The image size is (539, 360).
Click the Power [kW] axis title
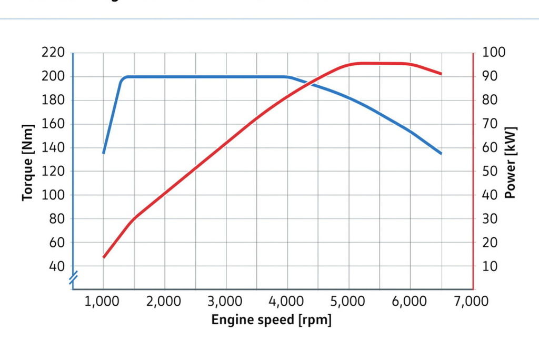pos(510,163)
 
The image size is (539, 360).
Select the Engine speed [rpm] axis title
pos(271,319)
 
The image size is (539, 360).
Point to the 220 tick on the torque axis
pos(53,53)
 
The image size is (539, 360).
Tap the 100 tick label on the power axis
pos(493,53)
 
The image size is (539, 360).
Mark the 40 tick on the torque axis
pos(56,266)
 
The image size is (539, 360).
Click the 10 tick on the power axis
pos(490,266)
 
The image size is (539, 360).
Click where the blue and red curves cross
pos(313,83)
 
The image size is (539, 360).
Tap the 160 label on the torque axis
pos(53,124)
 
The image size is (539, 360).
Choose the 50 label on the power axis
pos(490,172)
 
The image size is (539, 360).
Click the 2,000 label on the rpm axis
pos(164,302)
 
